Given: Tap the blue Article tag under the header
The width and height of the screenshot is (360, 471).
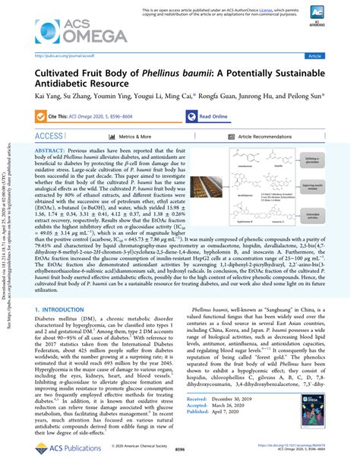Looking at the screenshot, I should [334, 55].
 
